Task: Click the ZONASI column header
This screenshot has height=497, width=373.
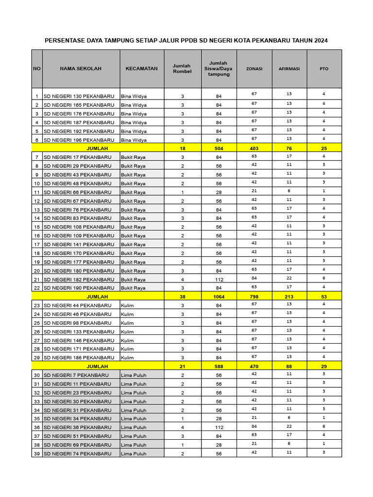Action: pyautogui.click(x=254, y=69)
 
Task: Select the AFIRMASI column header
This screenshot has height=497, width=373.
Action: pyautogui.click(x=289, y=69)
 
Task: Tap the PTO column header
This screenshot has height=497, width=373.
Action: pyautogui.click(x=324, y=69)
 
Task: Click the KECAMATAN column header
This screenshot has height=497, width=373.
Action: pyautogui.click(x=141, y=69)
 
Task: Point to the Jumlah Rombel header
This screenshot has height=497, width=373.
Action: pyautogui.click(x=182, y=69)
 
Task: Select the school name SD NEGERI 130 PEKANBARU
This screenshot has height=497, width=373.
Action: pyautogui.click(x=79, y=96)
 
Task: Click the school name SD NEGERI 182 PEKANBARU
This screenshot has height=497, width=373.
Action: pyautogui.click(x=79, y=280)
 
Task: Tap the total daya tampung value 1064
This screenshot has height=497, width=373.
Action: pyautogui.click(x=219, y=296)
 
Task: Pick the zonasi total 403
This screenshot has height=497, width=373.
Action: pyautogui.click(x=254, y=148)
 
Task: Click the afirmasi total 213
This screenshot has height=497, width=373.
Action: pyautogui.click(x=289, y=296)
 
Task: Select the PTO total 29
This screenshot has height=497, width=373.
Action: pyautogui.click(x=324, y=366)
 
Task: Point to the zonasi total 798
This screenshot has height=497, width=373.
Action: pyautogui.click(x=254, y=296)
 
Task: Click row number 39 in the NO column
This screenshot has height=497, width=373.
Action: pyautogui.click(x=37, y=454)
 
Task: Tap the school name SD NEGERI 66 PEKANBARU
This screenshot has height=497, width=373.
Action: pyautogui.click(x=77, y=192)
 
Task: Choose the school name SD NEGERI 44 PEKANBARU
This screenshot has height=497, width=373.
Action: pyautogui.click(x=77, y=306)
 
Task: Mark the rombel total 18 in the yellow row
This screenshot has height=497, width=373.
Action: pyautogui.click(x=182, y=148)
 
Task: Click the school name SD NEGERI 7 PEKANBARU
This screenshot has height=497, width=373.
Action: pyautogui.click(x=76, y=375)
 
